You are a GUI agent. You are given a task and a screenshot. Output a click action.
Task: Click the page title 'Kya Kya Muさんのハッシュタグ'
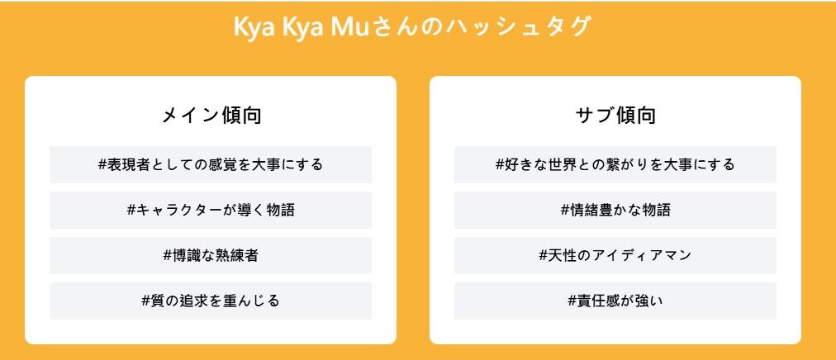(x=413, y=26)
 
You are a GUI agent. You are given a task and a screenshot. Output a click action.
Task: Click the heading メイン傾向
(x=211, y=116)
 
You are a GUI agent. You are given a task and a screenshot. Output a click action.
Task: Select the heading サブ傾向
(x=615, y=116)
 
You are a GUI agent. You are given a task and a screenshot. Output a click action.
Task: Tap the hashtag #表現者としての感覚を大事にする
(x=211, y=164)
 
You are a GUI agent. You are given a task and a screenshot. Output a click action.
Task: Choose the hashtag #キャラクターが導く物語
(x=211, y=210)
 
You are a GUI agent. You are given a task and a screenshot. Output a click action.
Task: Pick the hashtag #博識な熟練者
(x=211, y=255)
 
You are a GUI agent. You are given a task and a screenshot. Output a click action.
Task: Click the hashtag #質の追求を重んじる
(x=211, y=301)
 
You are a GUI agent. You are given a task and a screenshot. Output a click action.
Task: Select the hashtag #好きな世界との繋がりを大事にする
(x=615, y=164)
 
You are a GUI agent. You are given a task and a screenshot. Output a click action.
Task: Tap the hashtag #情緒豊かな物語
(x=615, y=210)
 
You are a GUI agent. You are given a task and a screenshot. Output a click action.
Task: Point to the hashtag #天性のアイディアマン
(x=615, y=255)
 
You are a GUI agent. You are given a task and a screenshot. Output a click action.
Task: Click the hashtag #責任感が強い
(x=615, y=301)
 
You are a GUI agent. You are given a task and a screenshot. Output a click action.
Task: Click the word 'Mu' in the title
(x=350, y=26)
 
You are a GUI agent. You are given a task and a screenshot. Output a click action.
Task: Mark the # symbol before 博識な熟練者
(x=168, y=256)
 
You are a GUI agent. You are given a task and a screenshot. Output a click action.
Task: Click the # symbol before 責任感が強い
(x=572, y=301)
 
